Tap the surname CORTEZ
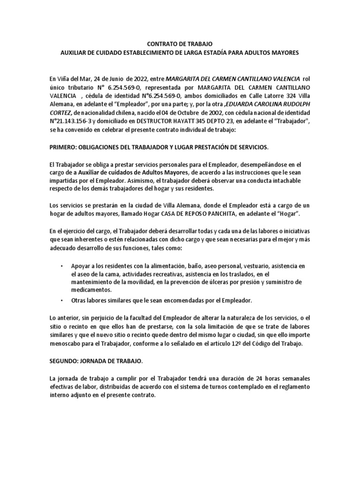click(60, 114)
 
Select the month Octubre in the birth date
click(174, 114)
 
